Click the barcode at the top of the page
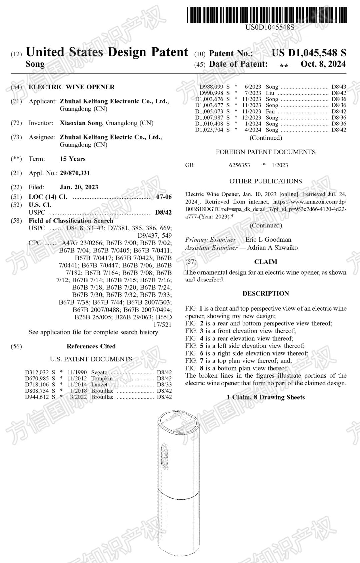click(267, 15)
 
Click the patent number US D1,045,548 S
click(309, 53)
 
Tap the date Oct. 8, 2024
click(323, 64)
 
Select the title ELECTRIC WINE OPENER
click(71, 87)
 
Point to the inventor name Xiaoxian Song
click(81, 123)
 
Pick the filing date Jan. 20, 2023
click(79, 187)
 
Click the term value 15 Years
click(73, 159)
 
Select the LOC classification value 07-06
click(164, 197)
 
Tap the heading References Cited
click(91, 346)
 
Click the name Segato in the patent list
click(99, 372)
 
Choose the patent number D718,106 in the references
click(37, 385)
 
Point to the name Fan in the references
click(270, 111)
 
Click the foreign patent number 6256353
click(239, 165)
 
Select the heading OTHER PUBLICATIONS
click(265, 181)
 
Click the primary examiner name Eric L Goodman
click(268, 239)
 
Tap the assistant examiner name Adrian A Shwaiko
click(272, 248)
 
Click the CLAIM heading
click(266, 262)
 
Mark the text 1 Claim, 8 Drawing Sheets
click(266, 397)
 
